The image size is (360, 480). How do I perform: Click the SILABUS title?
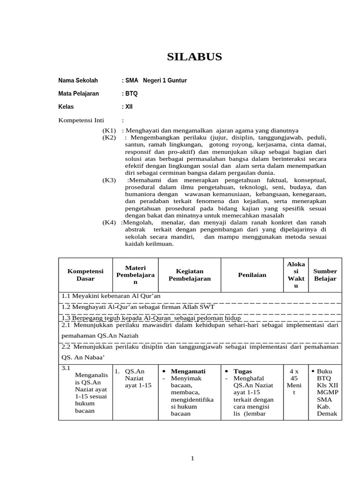coord(195,57)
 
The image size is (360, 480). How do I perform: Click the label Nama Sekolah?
coord(78,81)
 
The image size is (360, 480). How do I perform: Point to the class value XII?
coord(129,107)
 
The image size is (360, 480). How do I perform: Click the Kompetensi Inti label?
coord(81,120)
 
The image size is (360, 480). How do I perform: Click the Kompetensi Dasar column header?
coord(85,275)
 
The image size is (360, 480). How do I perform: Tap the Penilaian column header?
coord(252,275)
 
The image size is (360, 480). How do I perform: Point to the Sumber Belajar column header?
coord(325,275)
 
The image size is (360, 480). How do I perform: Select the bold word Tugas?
coord(242,371)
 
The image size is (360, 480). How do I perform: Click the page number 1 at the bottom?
coord(192,458)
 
